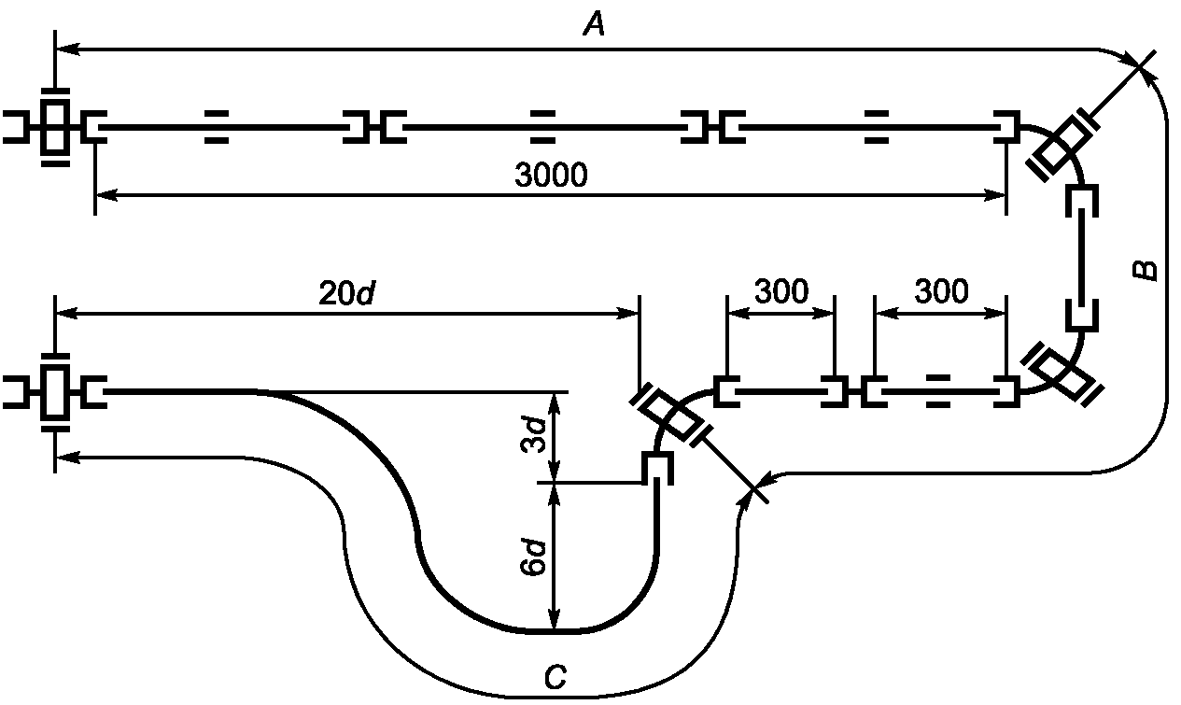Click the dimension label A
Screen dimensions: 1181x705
pyautogui.click(x=594, y=25)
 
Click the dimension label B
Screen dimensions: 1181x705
pyautogui.click(x=1144, y=270)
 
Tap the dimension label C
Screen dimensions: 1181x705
pyautogui.click(x=555, y=678)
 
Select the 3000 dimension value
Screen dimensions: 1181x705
pyautogui.click(x=551, y=175)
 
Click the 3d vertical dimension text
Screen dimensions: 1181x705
pyautogui.click(x=532, y=434)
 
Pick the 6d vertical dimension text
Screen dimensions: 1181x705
pyautogui.click(x=532, y=557)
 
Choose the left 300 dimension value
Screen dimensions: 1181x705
pyautogui.click(x=781, y=291)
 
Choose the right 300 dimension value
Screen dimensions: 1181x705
pyautogui.click(x=942, y=291)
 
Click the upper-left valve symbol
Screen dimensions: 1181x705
pyautogui.click(x=55, y=127)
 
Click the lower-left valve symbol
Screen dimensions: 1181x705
pyautogui.click(x=55, y=392)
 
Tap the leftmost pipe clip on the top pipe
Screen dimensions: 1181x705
pyautogui.click(x=217, y=127)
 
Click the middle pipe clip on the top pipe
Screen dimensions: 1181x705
pyautogui.click(x=542, y=127)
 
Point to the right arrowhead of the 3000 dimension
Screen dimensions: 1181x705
pyautogui.click(x=995, y=196)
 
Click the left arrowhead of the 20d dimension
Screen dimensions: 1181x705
pyautogui.click(x=67, y=314)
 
